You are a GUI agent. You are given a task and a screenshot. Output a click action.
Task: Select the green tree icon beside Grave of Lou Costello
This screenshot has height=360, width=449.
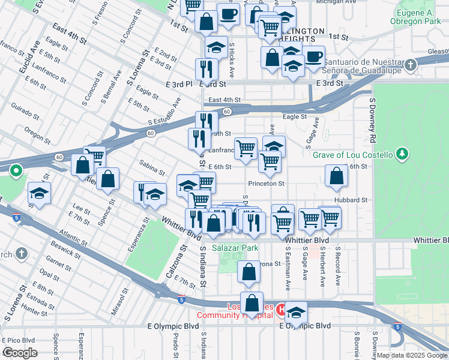coord(402,155)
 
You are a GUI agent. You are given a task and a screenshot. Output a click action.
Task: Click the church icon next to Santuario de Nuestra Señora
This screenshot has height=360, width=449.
coord(410,65)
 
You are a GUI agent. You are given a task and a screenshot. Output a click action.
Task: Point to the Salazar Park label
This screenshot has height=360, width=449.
coord(226,247)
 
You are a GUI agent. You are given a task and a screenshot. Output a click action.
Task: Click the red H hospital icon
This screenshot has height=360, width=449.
coord(281,310)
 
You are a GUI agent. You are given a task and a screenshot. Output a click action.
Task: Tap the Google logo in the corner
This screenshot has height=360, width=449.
coord(19,353)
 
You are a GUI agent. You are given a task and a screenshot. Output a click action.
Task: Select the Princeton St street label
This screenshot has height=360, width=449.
coord(265,184)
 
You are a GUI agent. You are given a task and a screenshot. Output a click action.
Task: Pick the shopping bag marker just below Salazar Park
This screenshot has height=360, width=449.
coord(249,271)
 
